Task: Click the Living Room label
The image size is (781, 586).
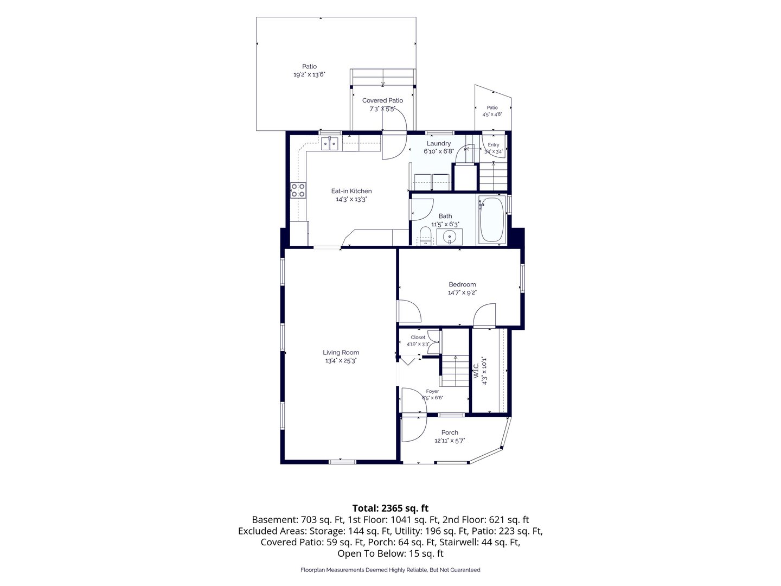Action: click(x=341, y=352)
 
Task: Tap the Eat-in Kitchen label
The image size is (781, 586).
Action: click(x=351, y=191)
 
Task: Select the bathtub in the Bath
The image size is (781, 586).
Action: click(x=492, y=219)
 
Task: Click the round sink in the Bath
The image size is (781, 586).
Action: click(x=450, y=237)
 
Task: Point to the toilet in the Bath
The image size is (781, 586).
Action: click(x=425, y=236)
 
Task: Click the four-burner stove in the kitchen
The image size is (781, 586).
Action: click(x=298, y=190)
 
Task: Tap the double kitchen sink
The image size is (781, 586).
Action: click(x=81, y=144)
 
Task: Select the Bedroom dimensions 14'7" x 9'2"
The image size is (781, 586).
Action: click(x=462, y=292)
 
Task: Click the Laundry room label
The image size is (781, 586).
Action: click(x=438, y=143)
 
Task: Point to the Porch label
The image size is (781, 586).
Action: click(x=450, y=432)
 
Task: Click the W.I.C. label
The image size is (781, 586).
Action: click(x=476, y=370)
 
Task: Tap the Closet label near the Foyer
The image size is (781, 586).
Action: click(x=418, y=337)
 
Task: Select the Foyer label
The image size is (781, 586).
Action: click(x=432, y=391)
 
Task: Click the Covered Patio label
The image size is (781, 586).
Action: click(x=382, y=100)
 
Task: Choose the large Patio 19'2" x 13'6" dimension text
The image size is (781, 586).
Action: click(x=309, y=74)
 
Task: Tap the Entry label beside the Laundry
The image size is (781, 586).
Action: click(x=493, y=144)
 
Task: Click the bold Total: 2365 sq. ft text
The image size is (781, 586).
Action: click(x=390, y=508)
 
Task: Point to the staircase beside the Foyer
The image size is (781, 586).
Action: click(x=456, y=371)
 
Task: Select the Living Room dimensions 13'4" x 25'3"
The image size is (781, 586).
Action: click(x=341, y=360)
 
